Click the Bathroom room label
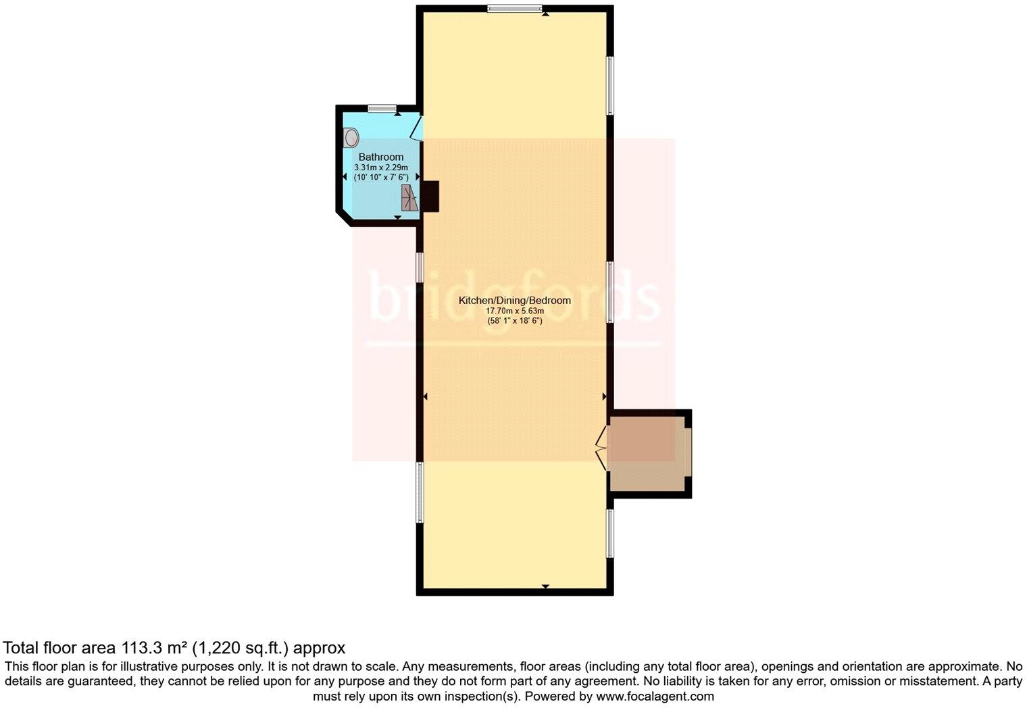coord(380,157)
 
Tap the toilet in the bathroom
coord(351,138)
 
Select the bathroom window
coord(382,108)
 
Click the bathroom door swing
coord(417,128)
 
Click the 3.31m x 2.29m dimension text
coord(380,167)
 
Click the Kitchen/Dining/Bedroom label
coord(514,301)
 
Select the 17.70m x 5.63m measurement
coord(514,311)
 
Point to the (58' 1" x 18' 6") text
coord(514,321)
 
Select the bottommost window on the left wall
coord(420,492)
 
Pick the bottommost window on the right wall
coord(609,533)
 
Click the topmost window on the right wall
coord(609,86)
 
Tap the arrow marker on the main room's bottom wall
coord(545,586)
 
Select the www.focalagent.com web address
coord(655,696)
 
